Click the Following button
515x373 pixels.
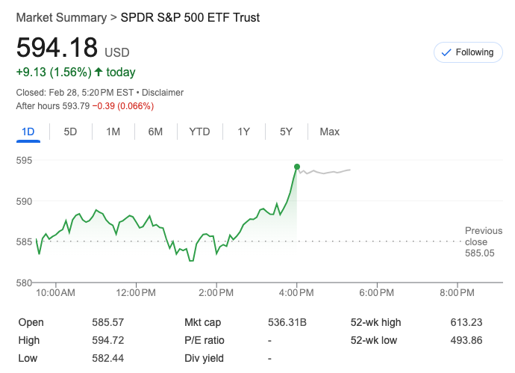point(467,52)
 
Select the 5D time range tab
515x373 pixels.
point(70,132)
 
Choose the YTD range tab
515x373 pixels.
point(199,132)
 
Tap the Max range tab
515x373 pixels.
point(329,132)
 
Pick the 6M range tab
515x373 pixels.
point(155,132)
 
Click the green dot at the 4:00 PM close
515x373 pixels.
point(297,167)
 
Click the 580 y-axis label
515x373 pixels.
point(25,283)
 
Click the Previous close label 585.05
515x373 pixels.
point(479,253)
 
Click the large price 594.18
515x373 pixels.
point(57,48)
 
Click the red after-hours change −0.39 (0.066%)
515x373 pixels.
point(122,106)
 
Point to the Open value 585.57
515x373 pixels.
point(107,322)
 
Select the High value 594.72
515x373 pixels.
point(107,340)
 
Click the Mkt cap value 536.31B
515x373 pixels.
point(287,322)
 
